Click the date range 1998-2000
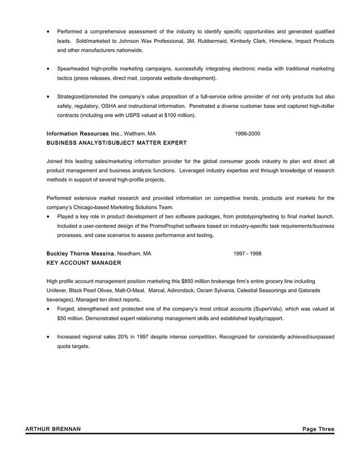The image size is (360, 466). pos(247,134)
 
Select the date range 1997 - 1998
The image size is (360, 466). pos(247,253)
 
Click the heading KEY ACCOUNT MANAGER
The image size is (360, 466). pos(84,263)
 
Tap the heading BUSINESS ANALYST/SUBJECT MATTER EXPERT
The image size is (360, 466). pos(116,143)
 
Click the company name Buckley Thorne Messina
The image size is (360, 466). pos(81,253)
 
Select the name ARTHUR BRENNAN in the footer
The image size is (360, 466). pos(53,429)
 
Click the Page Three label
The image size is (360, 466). pos(318,429)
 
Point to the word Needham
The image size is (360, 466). pos(129,253)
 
